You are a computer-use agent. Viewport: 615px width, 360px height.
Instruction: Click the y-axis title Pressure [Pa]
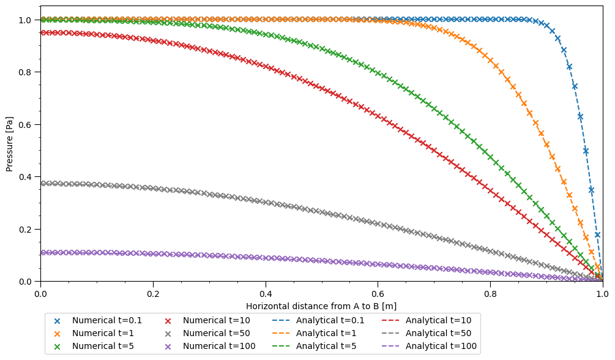(9, 144)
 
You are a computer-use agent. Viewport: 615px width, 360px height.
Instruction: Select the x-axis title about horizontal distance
(321, 306)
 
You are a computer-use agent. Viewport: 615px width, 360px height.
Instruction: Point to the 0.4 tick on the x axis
(266, 293)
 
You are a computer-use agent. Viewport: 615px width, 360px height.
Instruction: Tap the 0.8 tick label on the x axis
(490, 293)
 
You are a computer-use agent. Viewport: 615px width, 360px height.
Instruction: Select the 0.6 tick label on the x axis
(378, 293)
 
